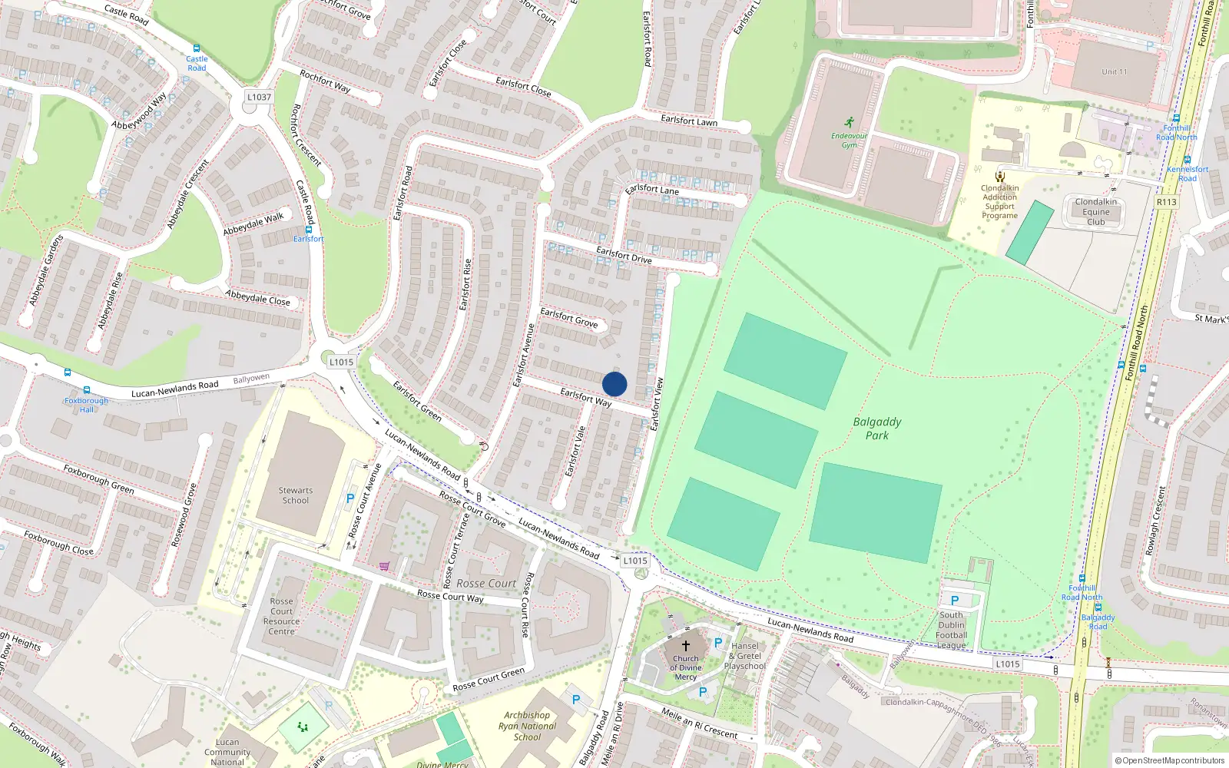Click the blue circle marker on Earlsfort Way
614,384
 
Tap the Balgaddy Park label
877,429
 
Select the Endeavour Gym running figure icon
849,122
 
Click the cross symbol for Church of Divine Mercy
686,646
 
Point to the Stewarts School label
296,495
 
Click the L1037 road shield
260,98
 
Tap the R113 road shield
1166,202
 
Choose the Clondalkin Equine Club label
1096,212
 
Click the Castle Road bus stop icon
197,48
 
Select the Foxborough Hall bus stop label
86,405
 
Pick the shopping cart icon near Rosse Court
384,566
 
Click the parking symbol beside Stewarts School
350,498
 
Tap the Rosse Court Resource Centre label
282,617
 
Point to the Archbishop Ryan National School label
527,726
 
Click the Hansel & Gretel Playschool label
745,656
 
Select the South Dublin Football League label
951,630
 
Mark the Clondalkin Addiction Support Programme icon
1000,177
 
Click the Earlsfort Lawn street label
689,121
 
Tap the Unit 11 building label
1115,72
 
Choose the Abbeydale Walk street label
253,223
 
